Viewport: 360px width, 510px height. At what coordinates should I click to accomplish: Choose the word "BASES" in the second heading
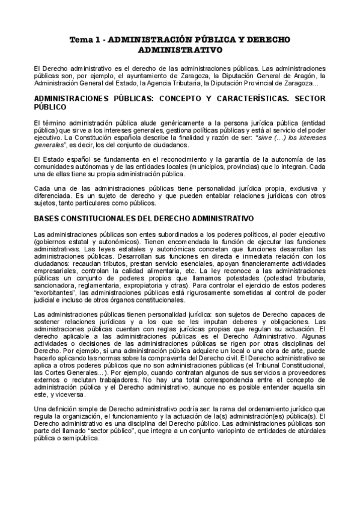47,217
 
